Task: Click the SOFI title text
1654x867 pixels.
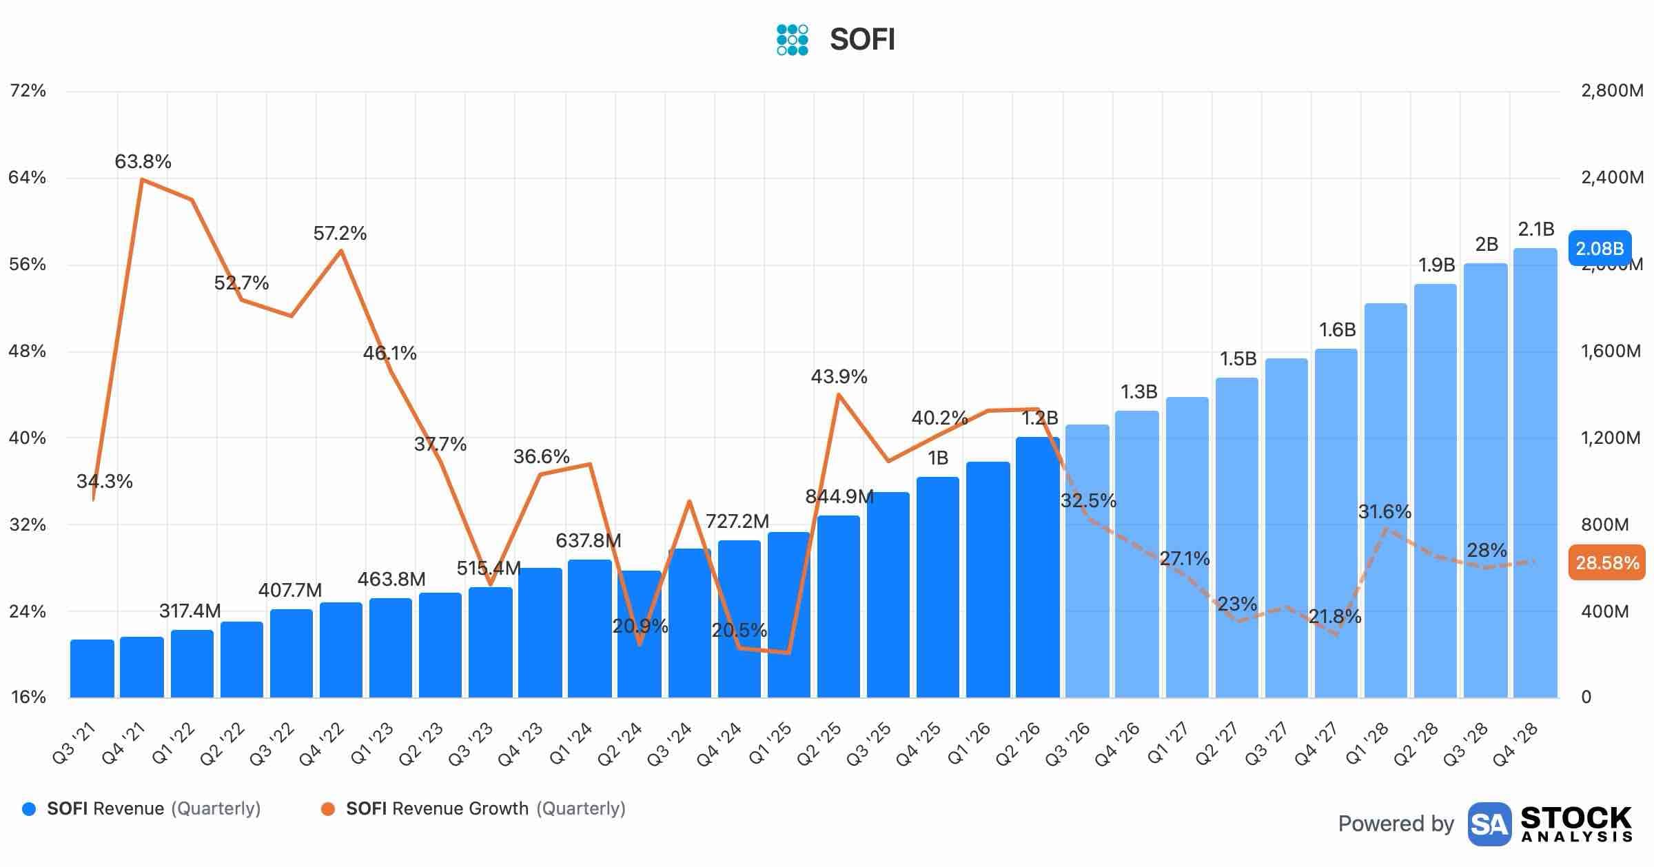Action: [x=862, y=39]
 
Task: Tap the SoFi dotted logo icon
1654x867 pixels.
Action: [x=792, y=39]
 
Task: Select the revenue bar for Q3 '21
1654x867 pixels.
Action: [x=92, y=669]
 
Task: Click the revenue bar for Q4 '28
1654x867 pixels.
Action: [x=1535, y=473]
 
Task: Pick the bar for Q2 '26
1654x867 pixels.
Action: [x=1038, y=567]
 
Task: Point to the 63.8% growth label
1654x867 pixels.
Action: [x=143, y=161]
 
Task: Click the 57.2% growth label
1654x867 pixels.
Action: [x=340, y=233]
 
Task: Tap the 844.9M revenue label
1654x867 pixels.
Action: [x=839, y=496]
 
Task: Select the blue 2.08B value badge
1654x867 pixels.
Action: [x=1600, y=248]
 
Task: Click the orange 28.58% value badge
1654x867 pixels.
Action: [x=1607, y=563]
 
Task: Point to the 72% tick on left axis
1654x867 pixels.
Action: [x=28, y=90]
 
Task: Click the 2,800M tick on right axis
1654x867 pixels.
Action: [x=1612, y=90]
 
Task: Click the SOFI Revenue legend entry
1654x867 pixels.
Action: [x=141, y=808]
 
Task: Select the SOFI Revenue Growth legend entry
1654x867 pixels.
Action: [x=473, y=808]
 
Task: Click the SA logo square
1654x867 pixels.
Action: [x=1489, y=824]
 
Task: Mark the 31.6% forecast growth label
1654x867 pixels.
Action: [x=1385, y=511]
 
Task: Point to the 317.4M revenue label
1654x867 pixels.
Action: [x=190, y=611]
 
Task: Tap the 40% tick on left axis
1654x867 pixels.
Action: [x=27, y=438]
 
